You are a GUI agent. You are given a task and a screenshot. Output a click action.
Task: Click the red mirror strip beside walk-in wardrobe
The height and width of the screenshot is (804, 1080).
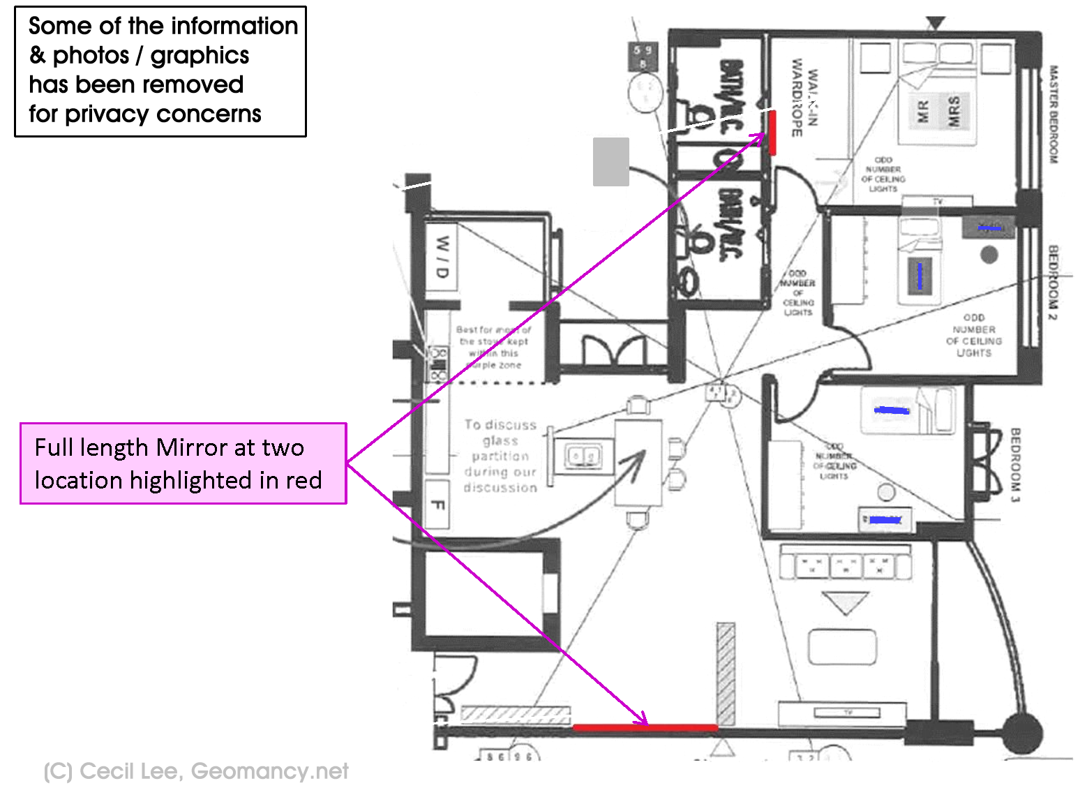click(x=772, y=132)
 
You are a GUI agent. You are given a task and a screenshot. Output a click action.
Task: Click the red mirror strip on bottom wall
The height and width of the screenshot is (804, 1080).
click(x=645, y=727)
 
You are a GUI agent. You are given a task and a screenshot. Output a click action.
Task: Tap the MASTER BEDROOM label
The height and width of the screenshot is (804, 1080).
click(x=1053, y=114)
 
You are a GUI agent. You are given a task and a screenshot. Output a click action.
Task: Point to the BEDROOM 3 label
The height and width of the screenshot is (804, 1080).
click(x=1015, y=465)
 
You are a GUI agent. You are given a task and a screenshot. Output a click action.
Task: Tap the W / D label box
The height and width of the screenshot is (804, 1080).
click(x=442, y=255)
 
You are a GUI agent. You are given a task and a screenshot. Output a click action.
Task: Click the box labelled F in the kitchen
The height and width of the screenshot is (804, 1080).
click(x=437, y=505)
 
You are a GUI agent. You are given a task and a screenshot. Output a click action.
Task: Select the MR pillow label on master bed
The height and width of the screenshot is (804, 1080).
click(x=922, y=110)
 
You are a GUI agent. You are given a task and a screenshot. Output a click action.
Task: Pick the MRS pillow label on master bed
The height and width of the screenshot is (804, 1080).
click(x=954, y=110)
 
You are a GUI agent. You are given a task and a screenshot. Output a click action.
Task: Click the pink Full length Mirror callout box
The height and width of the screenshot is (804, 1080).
click(x=183, y=463)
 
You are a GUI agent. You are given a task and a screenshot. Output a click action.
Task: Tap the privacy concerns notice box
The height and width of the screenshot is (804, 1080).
click(x=160, y=71)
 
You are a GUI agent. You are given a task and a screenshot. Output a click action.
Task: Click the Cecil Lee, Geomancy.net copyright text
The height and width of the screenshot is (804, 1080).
click(x=196, y=770)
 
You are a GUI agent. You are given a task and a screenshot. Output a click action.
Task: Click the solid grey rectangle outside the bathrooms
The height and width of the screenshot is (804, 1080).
click(x=611, y=162)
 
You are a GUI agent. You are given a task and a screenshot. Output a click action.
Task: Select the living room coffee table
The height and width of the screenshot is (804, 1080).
click(x=842, y=647)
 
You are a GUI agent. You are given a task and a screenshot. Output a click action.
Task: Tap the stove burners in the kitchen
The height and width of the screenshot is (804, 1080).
click(x=437, y=364)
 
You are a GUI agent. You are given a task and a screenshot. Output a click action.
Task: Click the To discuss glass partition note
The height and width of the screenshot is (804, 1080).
click(x=501, y=456)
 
